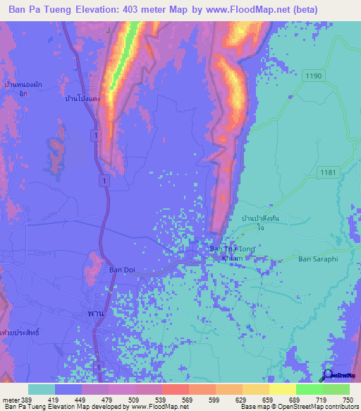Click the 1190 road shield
coord(314,75)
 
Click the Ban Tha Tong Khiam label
coord(233,254)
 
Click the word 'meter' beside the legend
coord(11,400)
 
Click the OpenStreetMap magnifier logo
coord(328,374)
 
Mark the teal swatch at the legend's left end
coord(42,389)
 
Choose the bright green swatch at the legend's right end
coord(336,389)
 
